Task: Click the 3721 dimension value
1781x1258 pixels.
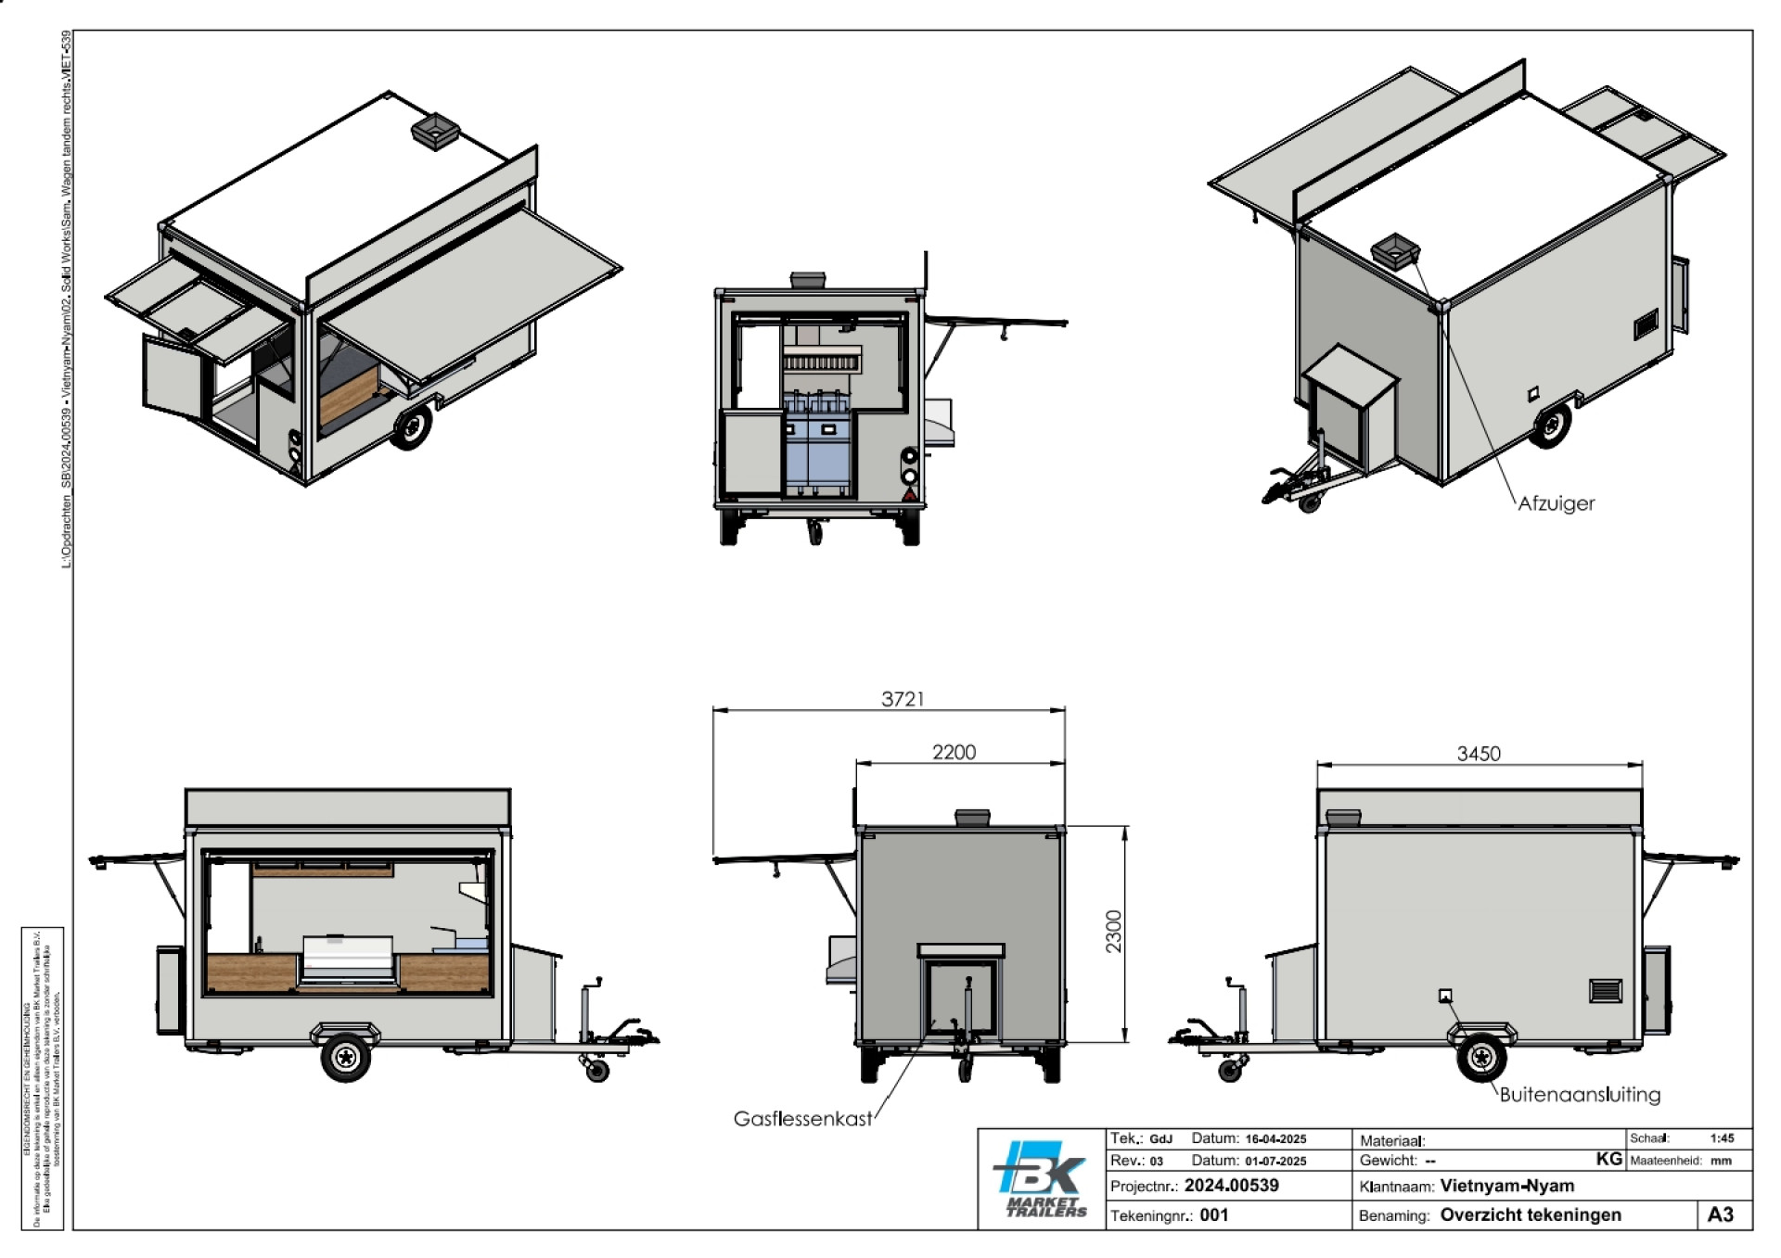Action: point(903,699)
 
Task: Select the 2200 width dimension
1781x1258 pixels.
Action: point(954,752)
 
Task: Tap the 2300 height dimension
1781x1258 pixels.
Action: point(1113,931)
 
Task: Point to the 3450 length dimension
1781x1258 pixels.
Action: point(1478,754)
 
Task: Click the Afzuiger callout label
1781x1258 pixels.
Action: point(1556,503)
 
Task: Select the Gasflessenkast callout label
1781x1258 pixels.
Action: point(802,1119)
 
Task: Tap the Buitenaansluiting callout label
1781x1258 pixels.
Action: point(1580,1094)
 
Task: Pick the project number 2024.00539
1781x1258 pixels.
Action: point(1231,1186)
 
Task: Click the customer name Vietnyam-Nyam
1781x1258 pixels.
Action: point(1506,1186)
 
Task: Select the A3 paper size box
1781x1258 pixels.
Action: point(1720,1215)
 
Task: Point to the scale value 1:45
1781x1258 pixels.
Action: point(1722,1138)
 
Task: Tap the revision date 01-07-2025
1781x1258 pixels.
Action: point(1275,1161)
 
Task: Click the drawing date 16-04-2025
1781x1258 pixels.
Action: point(1275,1139)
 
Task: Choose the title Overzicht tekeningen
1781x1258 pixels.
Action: point(1531,1215)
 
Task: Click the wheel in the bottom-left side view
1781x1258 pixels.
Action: point(346,1057)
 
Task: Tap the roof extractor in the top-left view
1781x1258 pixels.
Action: point(435,131)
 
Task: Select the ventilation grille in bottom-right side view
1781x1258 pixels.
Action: point(1606,990)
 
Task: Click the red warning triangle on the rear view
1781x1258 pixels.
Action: point(910,496)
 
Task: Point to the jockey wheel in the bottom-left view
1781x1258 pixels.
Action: point(596,1071)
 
